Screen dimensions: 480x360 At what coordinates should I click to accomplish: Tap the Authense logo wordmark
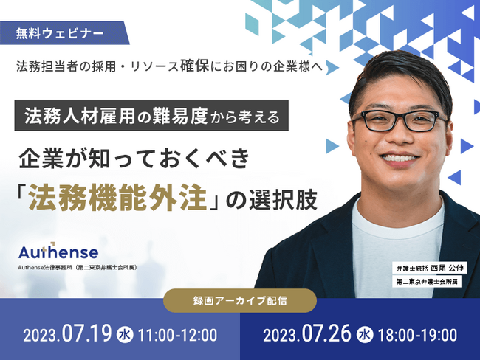coord(58,252)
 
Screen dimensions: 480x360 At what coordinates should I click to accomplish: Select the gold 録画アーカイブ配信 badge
coord(240,300)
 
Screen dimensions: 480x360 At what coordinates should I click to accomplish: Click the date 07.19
coord(86,333)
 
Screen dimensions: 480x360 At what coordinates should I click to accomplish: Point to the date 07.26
coord(326,333)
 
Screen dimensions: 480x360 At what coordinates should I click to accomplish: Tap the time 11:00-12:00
coord(177,335)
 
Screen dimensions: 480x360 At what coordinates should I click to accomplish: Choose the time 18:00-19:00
coord(417,335)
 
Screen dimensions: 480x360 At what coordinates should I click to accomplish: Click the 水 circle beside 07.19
coord(125,335)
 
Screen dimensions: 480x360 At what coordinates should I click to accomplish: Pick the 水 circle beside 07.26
coord(365,335)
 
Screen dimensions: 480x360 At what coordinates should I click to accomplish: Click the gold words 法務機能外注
coord(117,199)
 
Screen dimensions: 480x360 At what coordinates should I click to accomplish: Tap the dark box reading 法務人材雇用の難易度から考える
coord(151,115)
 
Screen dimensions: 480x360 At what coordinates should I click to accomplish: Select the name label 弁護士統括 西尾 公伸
coord(429,269)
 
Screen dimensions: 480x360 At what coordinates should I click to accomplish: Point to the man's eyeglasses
coord(400,120)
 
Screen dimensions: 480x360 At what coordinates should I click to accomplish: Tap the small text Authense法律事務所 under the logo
coord(45,267)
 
